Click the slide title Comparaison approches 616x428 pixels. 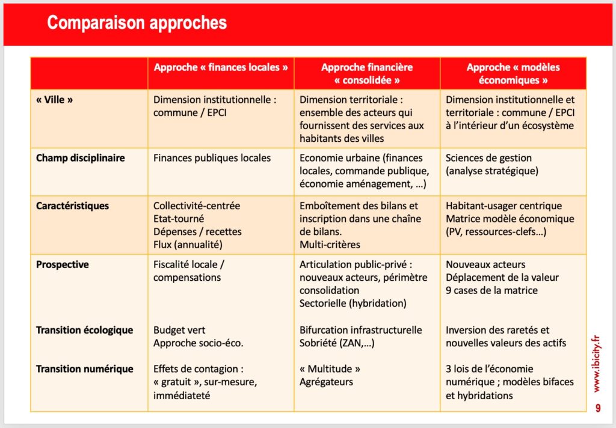click(137, 23)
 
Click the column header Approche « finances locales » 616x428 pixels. click(221, 67)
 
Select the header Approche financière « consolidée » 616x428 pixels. click(367, 73)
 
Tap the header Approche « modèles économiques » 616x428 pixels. click(513, 73)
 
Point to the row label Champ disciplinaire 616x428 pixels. click(81, 158)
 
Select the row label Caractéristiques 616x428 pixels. click(73, 206)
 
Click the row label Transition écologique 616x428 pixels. click(84, 330)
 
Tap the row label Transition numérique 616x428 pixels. click(84, 368)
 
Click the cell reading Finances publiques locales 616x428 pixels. click(212, 158)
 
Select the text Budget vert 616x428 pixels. click(179, 330)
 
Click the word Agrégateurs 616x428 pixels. click(327, 382)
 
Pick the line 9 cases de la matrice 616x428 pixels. click(492, 291)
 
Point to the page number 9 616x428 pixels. click(598, 408)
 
